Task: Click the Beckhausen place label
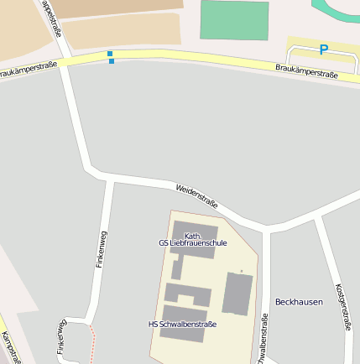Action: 299,302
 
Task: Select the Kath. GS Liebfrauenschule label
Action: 193,239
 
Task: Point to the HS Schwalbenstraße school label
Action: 182,324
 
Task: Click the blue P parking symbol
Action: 323,49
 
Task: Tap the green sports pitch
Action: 234,20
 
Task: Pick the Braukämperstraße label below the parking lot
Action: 306,70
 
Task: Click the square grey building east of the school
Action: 237,294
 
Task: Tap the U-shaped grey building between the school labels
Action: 187,294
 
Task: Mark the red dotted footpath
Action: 92,344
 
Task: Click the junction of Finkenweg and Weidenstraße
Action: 110,179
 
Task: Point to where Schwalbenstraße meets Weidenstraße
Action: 266,229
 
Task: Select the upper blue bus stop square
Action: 110,54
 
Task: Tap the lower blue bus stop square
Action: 112,61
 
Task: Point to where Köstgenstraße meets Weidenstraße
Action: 317,216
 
